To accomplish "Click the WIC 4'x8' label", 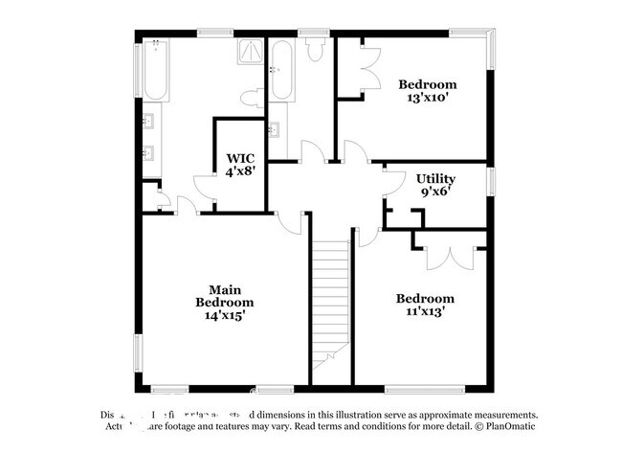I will pos(239,165).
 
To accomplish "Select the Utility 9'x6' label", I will pos(434,185).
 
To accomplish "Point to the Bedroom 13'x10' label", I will pos(427,91).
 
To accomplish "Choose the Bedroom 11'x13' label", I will pos(425,305).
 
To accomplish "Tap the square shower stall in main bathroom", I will pos(250,52).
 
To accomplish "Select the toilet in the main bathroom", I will pos(252,97).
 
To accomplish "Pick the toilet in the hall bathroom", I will pos(315,51).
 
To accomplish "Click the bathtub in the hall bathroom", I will pos(282,73).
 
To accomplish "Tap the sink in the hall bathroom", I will pos(275,129).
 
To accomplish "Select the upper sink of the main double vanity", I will pos(149,121).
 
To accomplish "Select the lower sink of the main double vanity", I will pos(149,152).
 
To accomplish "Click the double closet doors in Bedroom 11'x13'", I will pos(448,254).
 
